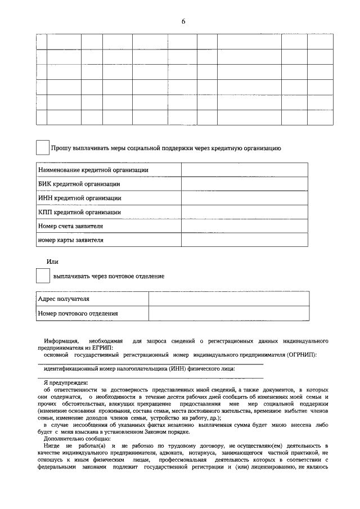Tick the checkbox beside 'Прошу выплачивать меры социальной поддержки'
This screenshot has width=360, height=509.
(42, 147)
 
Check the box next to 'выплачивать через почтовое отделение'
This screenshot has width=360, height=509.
(42, 276)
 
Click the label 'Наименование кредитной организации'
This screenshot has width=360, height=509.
(93, 170)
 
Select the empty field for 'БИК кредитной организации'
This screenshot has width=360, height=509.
(244, 184)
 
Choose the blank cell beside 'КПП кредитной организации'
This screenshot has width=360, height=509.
(244, 212)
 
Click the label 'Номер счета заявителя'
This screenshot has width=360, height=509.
(70, 226)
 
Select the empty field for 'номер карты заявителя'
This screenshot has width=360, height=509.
(244, 240)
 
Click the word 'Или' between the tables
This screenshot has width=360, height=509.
(52, 262)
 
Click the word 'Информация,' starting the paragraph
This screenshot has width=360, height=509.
(62, 341)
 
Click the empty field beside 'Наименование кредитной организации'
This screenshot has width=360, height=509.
(244, 170)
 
